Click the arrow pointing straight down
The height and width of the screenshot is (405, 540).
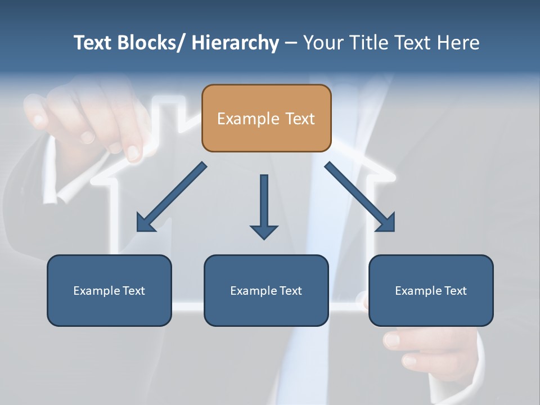click(x=264, y=205)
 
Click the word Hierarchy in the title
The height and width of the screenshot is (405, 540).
click(x=235, y=43)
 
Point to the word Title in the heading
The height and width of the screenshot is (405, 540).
click(x=367, y=43)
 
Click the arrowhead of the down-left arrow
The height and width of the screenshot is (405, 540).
click(x=145, y=223)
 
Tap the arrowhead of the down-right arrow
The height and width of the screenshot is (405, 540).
click(x=387, y=223)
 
